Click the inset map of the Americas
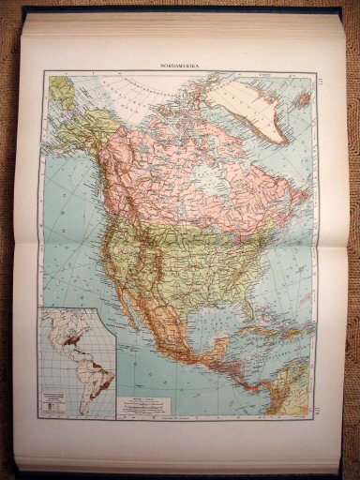coord(77,362)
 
